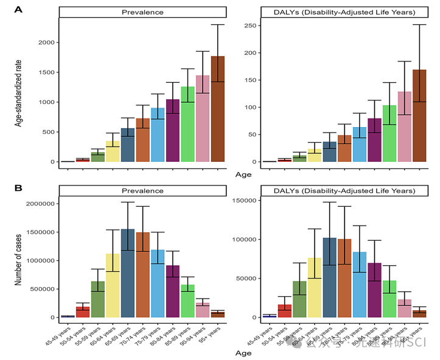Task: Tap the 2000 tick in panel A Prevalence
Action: (44, 43)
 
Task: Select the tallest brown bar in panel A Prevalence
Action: (218, 109)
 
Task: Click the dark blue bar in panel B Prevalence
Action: (128, 274)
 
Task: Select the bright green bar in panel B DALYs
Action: (389, 299)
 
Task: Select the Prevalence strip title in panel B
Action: (143, 190)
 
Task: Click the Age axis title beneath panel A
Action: (243, 175)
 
